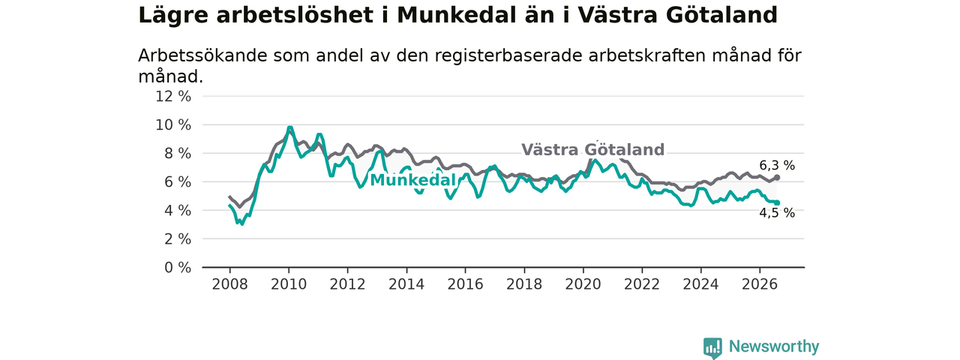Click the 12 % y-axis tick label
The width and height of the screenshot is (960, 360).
click(x=173, y=97)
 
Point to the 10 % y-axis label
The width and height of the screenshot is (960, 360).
click(x=173, y=125)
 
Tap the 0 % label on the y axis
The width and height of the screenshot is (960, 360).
click(x=178, y=268)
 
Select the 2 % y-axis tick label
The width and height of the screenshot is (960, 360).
click(x=178, y=239)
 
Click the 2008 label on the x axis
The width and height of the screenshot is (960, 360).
click(x=229, y=284)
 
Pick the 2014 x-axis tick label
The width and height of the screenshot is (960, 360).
click(x=406, y=284)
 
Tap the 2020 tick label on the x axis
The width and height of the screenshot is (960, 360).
click(x=583, y=284)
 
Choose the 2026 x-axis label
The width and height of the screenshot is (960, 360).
click(x=760, y=284)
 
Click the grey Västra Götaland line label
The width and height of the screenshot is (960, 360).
click(x=592, y=149)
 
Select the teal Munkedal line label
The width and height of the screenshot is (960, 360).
click(x=412, y=181)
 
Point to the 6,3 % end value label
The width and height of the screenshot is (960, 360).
click(x=777, y=166)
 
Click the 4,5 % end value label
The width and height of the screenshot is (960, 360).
click(x=777, y=213)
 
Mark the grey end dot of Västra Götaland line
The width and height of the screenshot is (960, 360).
click(x=777, y=178)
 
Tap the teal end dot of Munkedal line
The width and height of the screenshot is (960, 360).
click(x=777, y=203)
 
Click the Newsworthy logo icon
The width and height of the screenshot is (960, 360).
click(x=712, y=348)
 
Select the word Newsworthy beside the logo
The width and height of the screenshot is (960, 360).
click(x=774, y=346)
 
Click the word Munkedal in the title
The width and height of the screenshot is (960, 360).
click(x=457, y=16)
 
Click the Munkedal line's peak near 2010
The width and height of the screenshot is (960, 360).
click(x=289, y=127)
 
